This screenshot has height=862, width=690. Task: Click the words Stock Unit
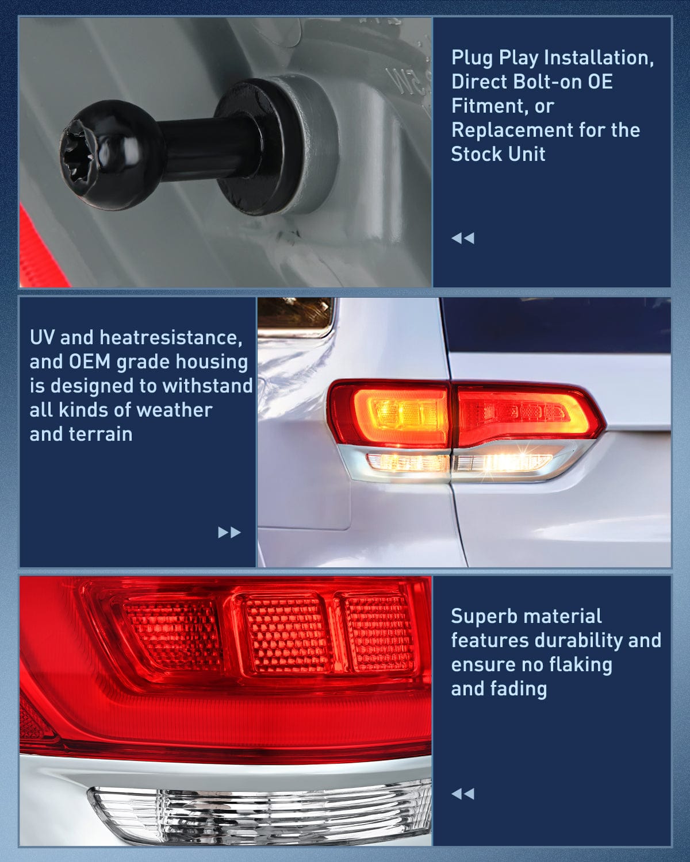click(x=498, y=154)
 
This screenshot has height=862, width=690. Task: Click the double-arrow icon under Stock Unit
click(x=463, y=238)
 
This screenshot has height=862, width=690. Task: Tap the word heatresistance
click(x=171, y=337)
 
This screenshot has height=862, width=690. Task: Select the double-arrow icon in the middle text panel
click(x=229, y=532)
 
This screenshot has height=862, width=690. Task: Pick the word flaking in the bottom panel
click(x=580, y=664)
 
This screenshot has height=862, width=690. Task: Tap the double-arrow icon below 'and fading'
click(x=463, y=794)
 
